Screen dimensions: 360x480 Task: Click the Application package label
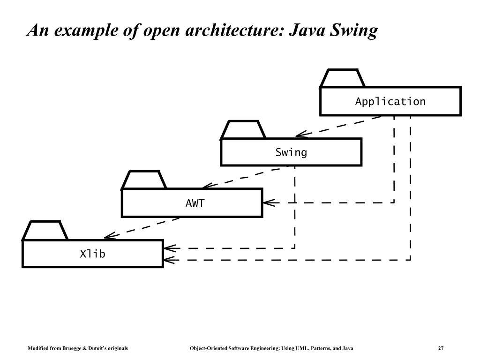pyautogui.click(x=390, y=102)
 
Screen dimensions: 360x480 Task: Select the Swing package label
pyautogui.click(x=291, y=152)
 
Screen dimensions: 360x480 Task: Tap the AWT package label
pyautogui.click(x=195, y=203)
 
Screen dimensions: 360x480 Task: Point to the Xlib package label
pyautogui.click(x=92, y=254)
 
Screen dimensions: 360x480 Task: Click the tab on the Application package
pyautogui.click(x=342, y=79)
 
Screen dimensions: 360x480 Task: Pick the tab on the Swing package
pyautogui.click(x=243, y=130)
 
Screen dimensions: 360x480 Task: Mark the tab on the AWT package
pyautogui.click(x=143, y=180)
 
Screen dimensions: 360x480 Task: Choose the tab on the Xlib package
pyautogui.click(x=45, y=231)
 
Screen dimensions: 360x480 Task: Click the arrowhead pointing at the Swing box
pyautogui.click(x=300, y=135)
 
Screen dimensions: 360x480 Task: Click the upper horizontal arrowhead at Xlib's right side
pyautogui.click(x=169, y=248)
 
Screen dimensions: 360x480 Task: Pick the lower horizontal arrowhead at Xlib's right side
pyautogui.click(x=169, y=259)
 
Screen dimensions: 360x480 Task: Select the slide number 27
pyautogui.click(x=441, y=348)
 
